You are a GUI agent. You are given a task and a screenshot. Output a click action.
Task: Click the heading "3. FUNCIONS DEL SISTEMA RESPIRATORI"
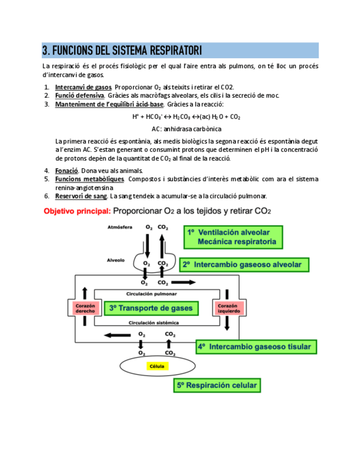click(122, 51)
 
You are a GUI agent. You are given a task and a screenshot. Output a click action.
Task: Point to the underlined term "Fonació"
click(67, 171)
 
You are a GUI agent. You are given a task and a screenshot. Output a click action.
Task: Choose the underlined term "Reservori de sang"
click(81, 196)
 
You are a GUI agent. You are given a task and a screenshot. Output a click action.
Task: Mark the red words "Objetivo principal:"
click(77, 211)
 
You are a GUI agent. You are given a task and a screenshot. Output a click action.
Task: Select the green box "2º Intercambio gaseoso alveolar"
click(242, 264)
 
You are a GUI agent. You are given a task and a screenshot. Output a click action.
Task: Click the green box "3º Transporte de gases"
click(151, 308)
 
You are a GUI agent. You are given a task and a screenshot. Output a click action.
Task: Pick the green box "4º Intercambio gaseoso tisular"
click(254, 347)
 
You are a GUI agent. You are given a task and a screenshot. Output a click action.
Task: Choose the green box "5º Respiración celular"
click(216, 385)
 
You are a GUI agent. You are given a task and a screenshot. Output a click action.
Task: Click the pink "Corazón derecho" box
click(85, 308)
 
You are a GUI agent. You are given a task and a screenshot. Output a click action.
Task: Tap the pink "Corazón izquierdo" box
click(228, 308)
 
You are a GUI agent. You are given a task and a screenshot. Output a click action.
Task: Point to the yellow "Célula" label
click(156, 366)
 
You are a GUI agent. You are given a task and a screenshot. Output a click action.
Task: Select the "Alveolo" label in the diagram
click(116, 260)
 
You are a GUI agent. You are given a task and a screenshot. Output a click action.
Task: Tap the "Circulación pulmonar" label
click(152, 294)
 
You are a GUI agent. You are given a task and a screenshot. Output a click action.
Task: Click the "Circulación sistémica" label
click(152, 323)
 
